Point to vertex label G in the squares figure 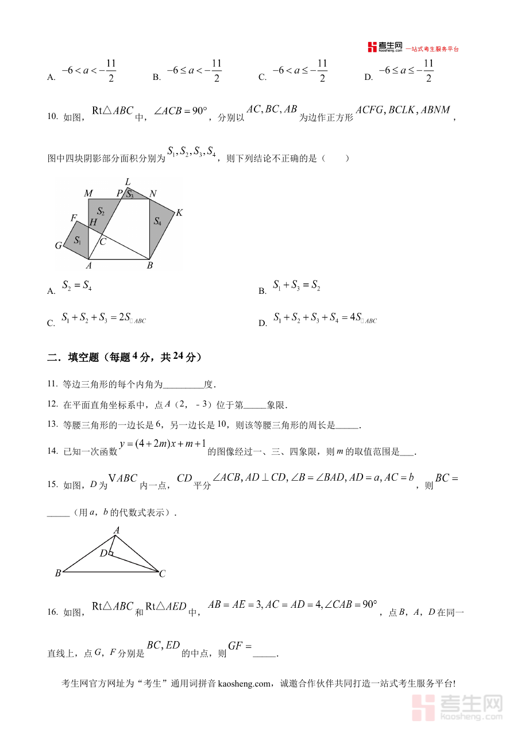click(x=59, y=246)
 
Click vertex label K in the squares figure click(x=179, y=213)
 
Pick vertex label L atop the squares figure click(x=128, y=182)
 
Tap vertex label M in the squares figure click(x=88, y=193)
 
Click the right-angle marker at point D click(x=111, y=554)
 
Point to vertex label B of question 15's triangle click(x=58, y=573)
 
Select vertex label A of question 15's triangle click(x=116, y=530)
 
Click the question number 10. click(x=53, y=117)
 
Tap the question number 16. click(x=53, y=612)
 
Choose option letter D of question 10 click(x=263, y=323)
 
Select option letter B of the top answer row click(x=156, y=78)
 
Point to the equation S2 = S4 click(x=77, y=285)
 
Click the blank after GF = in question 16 click(x=265, y=653)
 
